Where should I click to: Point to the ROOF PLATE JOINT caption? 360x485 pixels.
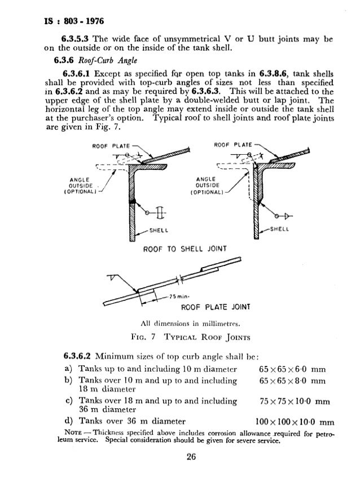[x=216, y=308]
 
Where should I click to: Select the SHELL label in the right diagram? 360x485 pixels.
[x=282, y=229]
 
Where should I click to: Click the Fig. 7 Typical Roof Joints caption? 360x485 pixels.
[x=181, y=339]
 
